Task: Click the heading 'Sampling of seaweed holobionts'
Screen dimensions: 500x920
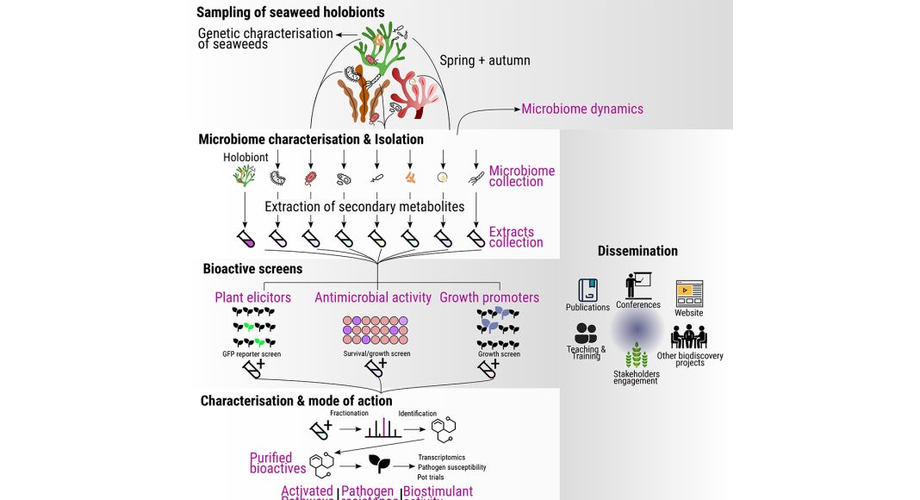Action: click(290, 13)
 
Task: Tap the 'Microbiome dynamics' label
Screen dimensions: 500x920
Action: click(582, 109)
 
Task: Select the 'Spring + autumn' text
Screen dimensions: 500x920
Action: click(485, 60)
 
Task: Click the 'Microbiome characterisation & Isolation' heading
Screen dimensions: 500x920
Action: click(311, 139)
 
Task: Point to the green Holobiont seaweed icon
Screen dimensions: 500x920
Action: click(245, 177)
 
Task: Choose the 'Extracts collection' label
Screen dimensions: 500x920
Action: click(516, 237)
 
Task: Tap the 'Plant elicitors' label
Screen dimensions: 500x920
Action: click(252, 297)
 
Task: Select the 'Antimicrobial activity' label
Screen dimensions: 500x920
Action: click(373, 297)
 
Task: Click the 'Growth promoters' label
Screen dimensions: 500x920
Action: click(489, 297)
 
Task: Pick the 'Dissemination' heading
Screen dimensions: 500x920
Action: click(637, 251)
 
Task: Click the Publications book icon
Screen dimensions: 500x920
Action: click(588, 290)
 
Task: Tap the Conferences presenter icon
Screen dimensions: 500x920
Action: click(638, 285)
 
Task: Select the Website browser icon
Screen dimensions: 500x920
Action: click(689, 293)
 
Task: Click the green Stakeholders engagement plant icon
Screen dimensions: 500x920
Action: click(637, 354)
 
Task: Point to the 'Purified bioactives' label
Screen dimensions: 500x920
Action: click(277, 463)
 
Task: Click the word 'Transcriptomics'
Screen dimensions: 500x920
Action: click(442, 457)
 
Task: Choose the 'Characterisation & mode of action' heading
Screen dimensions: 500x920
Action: click(296, 401)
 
